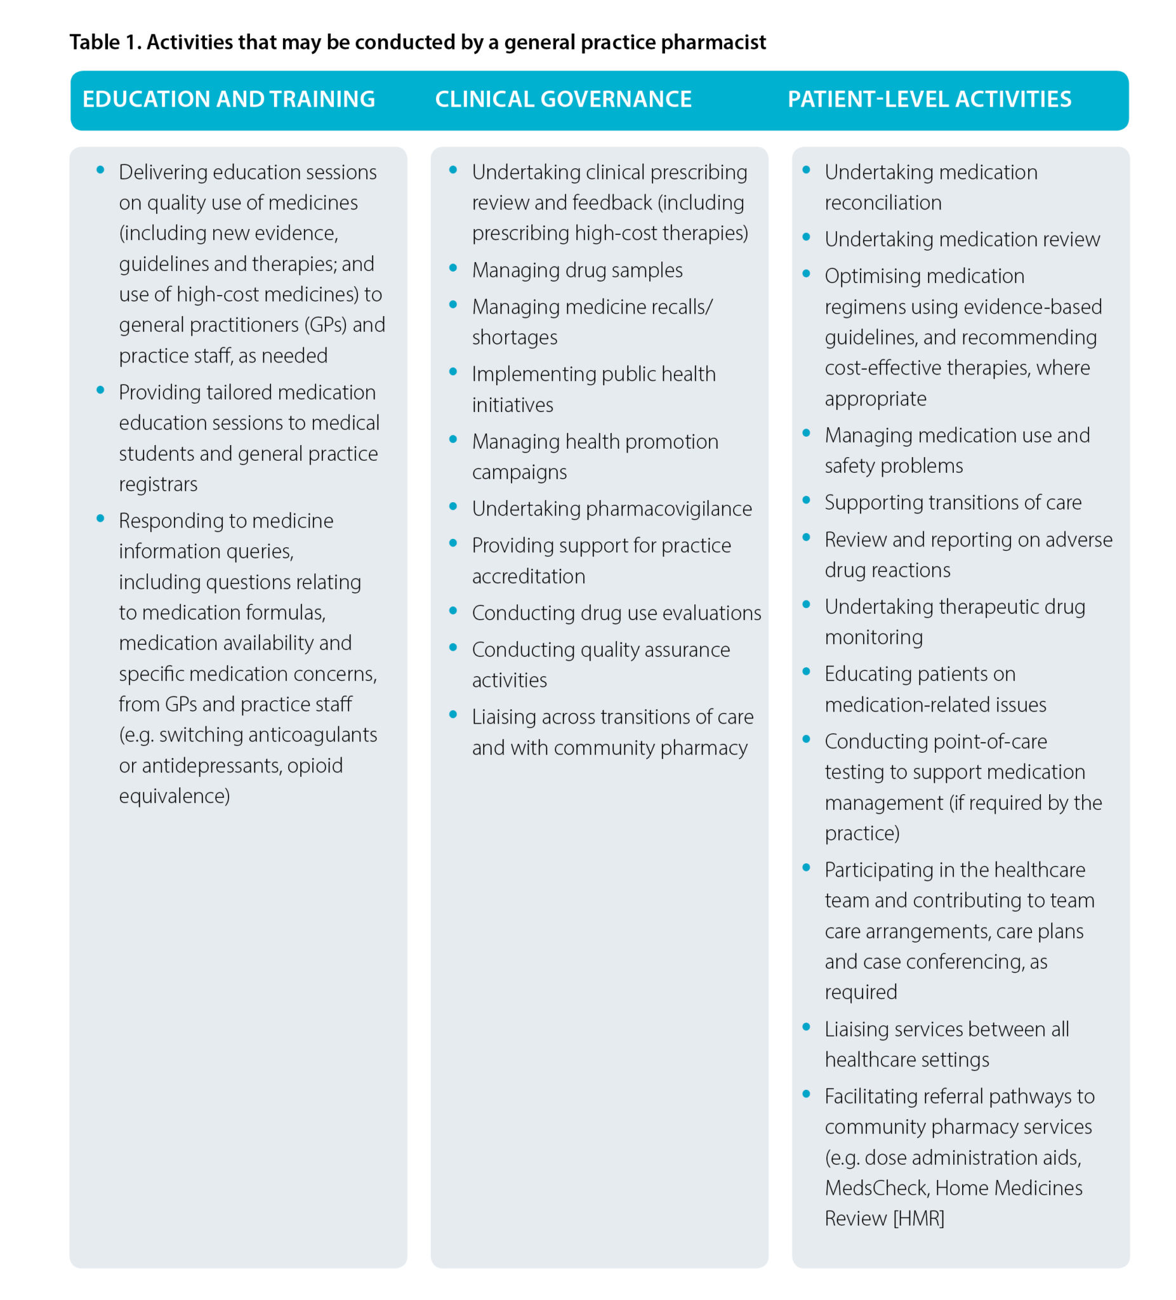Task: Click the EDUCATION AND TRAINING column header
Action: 228,99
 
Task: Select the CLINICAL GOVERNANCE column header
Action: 563,99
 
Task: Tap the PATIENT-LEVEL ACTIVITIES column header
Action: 929,99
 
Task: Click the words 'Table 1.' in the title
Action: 105,43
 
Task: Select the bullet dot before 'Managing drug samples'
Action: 453,268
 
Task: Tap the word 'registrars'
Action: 158,484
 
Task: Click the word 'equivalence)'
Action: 174,796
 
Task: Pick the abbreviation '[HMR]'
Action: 918,1218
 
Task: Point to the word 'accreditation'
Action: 528,576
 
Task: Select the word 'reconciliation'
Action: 883,202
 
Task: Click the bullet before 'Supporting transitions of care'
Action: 806,500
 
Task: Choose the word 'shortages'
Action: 515,337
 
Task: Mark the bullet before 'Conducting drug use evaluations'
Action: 453,611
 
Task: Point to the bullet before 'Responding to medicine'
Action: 100,519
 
